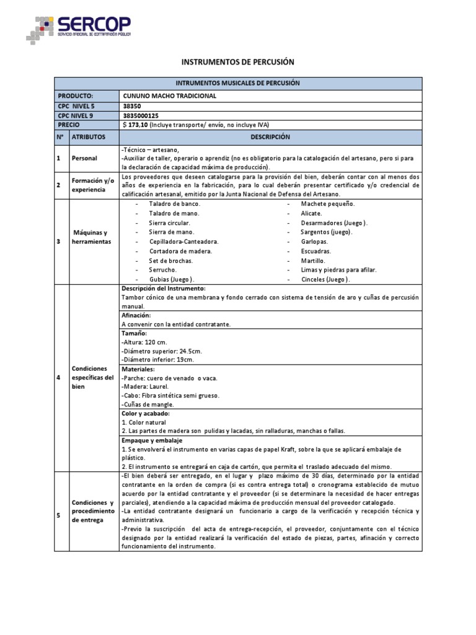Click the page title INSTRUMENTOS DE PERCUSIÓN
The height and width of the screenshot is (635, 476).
(237, 62)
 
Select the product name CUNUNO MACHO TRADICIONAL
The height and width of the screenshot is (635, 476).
(170, 96)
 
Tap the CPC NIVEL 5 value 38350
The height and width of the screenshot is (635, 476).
(133, 106)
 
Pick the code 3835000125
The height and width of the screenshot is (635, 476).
(141, 115)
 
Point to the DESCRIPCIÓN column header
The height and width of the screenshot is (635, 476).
(270, 136)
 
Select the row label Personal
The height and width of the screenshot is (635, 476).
(84, 158)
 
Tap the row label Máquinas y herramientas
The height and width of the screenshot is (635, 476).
(90, 237)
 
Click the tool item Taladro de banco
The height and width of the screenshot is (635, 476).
(175, 203)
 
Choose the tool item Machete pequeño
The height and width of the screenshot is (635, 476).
(328, 203)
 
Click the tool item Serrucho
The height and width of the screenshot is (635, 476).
(163, 270)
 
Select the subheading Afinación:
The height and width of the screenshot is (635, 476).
(136, 316)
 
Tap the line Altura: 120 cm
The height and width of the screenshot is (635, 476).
(147, 342)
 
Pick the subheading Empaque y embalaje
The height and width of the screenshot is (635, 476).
(152, 440)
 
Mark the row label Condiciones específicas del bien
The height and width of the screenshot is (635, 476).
(92, 377)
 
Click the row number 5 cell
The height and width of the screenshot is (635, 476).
(58, 511)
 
